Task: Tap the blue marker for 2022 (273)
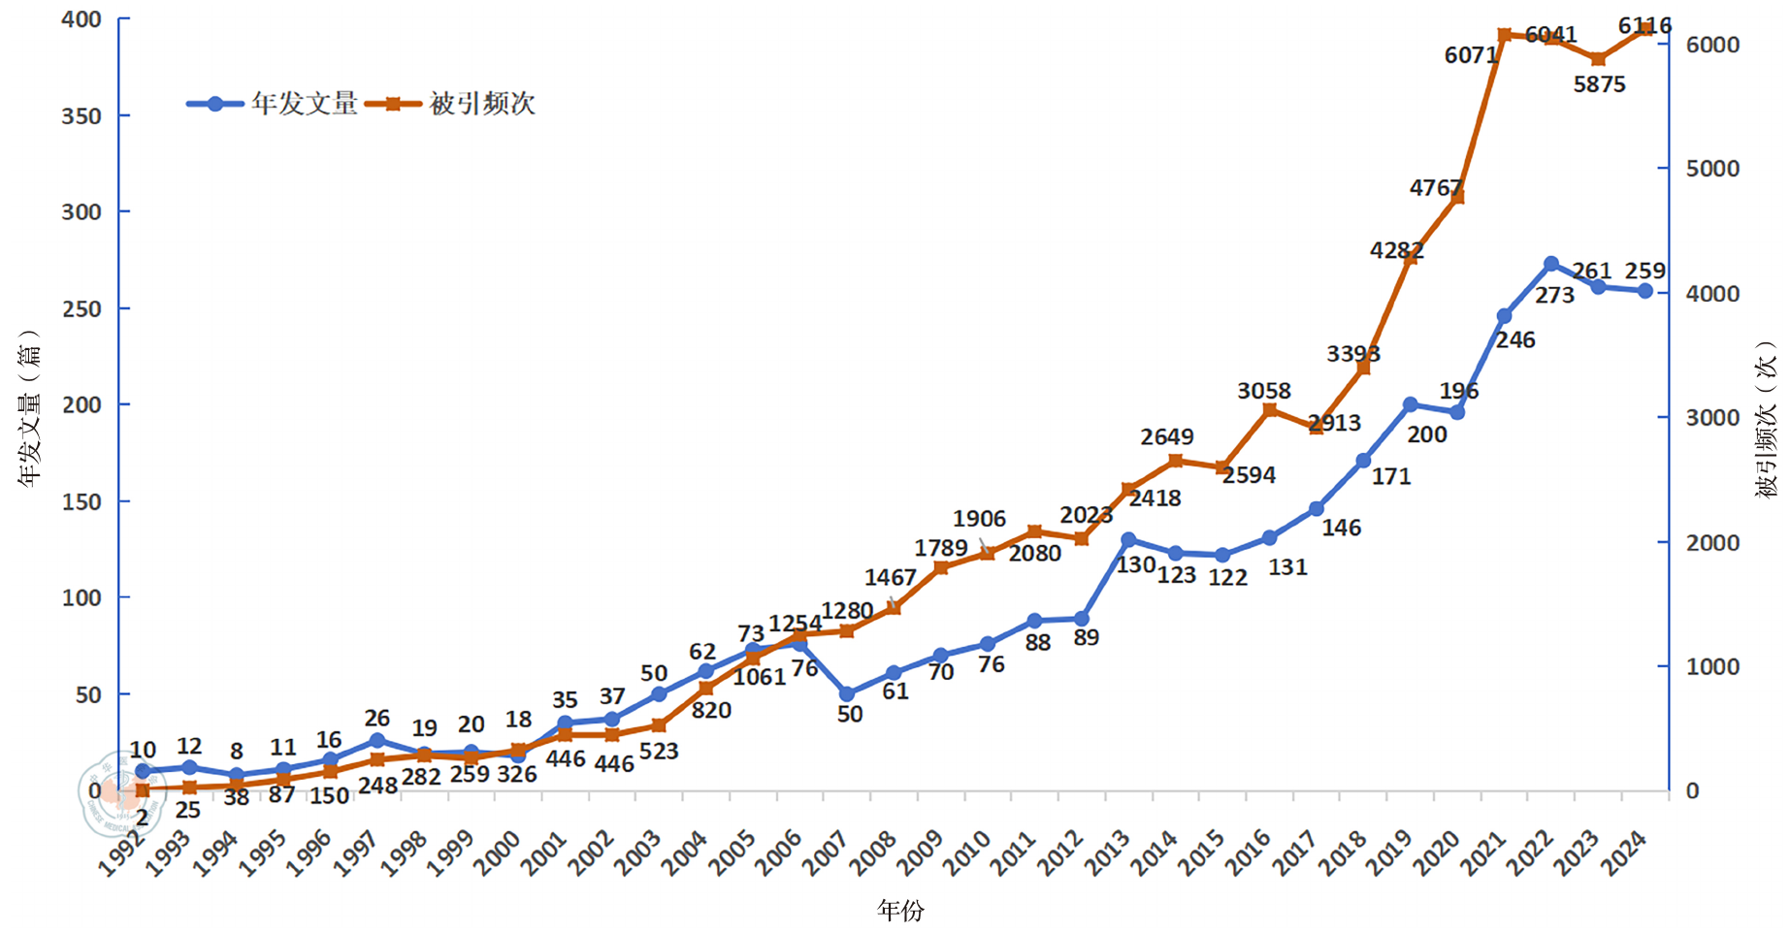[x=1551, y=264]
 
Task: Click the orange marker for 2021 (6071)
[x=1505, y=35]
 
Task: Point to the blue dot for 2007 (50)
[x=846, y=694]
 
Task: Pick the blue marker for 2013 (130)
[x=1128, y=539]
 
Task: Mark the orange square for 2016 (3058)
[x=1270, y=410]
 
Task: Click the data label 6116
[x=1644, y=26]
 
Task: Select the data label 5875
[x=1599, y=84]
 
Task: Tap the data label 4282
[x=1396, y=250]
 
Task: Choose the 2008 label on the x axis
[x=873, y=853]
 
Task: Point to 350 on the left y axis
[x=81, y=116]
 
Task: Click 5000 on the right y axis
[x=1712, y=169]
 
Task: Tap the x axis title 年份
[x=900, y=910]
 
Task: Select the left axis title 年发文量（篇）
[x=30, y=407]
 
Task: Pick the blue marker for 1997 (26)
[x=377, y=741]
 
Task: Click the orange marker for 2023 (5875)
[x=1599, y=59]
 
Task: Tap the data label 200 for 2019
[x=1426, y=434]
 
